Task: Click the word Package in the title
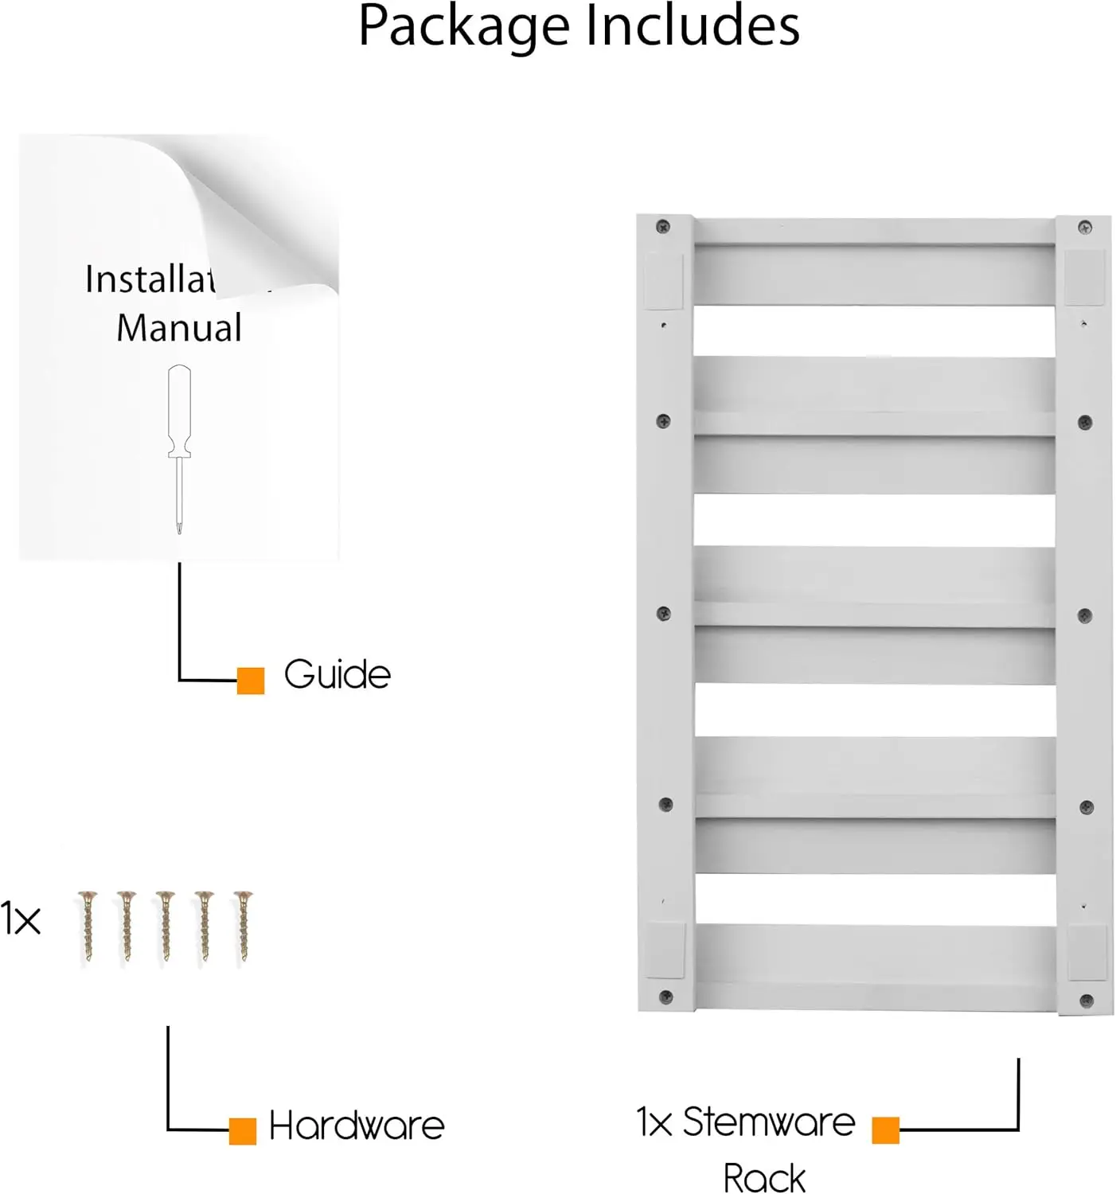[463, 27]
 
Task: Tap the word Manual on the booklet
[179, 328]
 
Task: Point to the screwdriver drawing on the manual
[179, 446]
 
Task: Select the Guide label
[338, 675]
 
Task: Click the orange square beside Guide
[251, 681]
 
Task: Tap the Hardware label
[357, 1126]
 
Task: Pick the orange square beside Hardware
[243, 1131]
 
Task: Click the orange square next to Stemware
[885, 1130]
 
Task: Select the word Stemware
[769, 1122]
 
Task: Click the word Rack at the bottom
[764, 1177]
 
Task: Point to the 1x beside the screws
[21, 920]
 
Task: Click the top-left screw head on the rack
[662, 227]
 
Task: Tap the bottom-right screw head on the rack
[1087, 1000]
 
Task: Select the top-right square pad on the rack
[1085, 277]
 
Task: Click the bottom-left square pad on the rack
[665, 950]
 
